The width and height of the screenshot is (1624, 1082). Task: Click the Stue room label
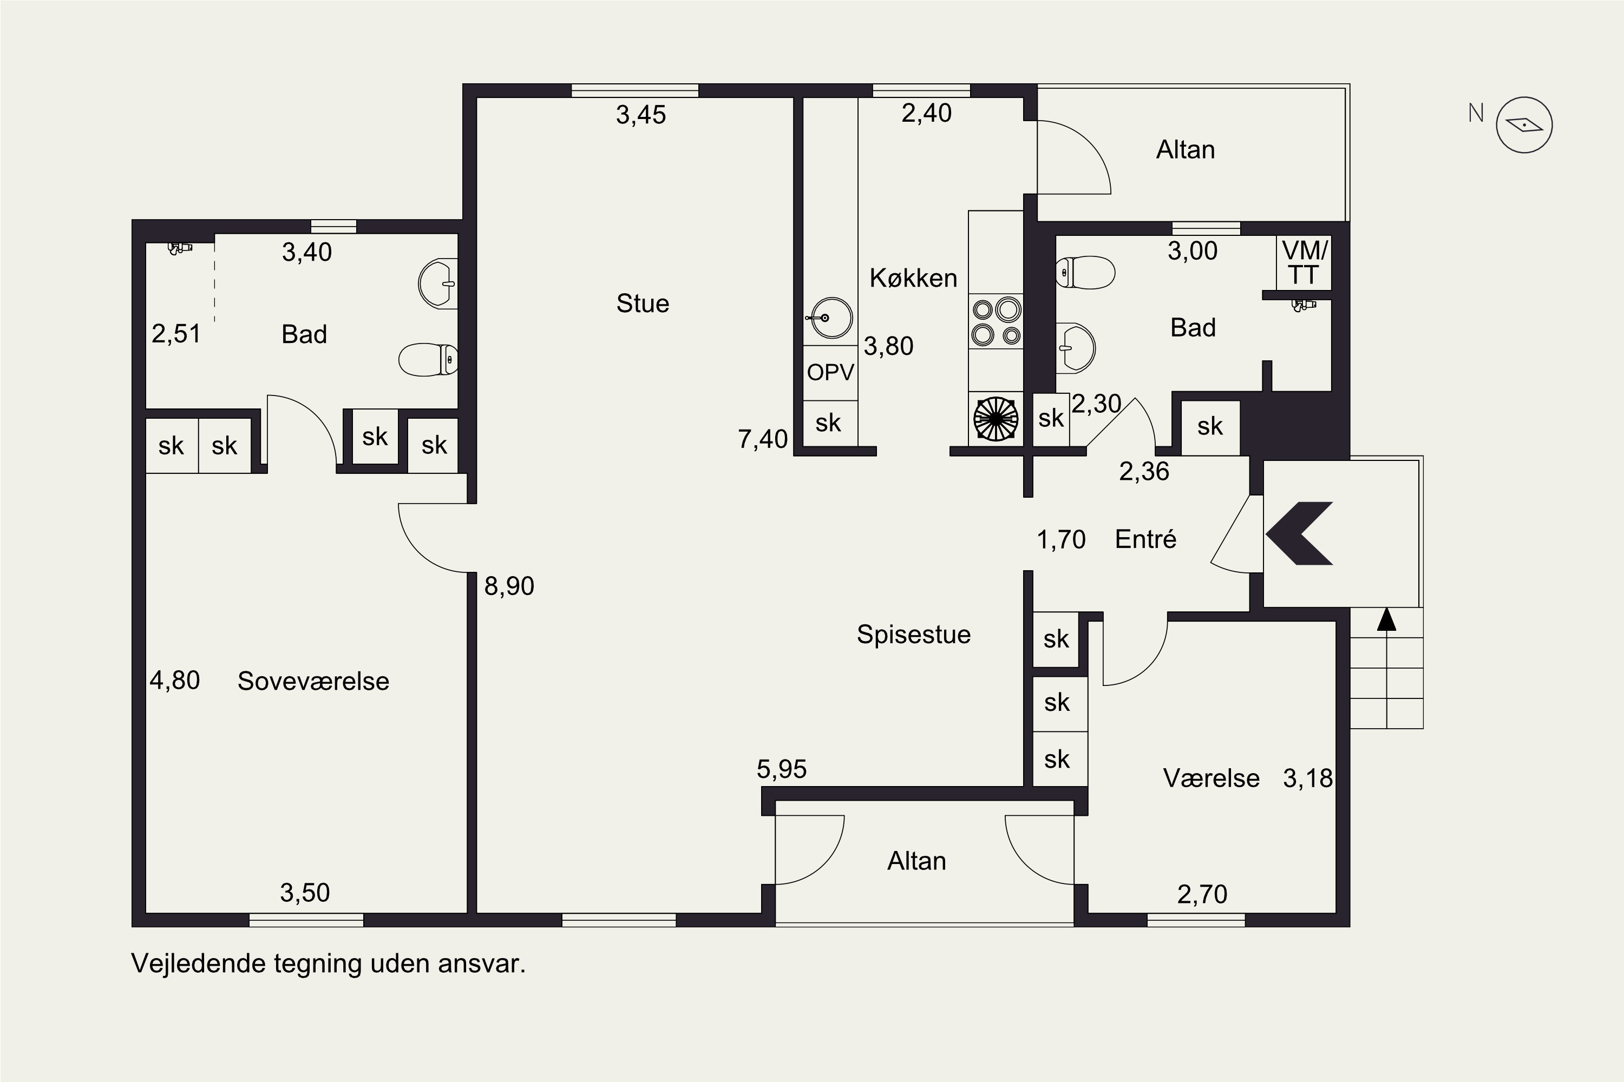(x=642, y=304)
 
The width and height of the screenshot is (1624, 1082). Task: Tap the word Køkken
(x=913, y=278)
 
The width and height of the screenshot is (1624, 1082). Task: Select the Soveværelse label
(x=313, y=681)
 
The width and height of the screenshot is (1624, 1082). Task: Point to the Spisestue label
(x=914, y=635)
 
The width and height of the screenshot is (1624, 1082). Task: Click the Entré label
(x=1145, y=539)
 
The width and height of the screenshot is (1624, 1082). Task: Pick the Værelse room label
(x=1211, y=778)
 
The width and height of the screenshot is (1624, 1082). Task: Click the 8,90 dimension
(x=509, y=586)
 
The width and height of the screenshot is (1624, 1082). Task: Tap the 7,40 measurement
(x=762, y=439)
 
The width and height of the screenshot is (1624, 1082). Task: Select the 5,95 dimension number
(x=782, y=769)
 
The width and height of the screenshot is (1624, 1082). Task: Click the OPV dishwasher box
(x=830, y=373)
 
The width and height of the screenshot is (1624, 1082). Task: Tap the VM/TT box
(x=1304, y=263)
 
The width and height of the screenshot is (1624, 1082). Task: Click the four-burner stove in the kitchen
(x=996, y=321)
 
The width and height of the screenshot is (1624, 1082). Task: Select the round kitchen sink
(x=830, y=318)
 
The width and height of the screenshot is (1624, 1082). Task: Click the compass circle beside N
(x=1524, y=125)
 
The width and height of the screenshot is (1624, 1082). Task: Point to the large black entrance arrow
(x=1299, y=533)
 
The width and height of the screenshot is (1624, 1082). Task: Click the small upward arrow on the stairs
(x=1386, y=619)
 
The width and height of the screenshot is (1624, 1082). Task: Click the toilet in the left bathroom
(x=428, y=360)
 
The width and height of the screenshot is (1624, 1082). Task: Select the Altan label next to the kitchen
(x=1186, y=150)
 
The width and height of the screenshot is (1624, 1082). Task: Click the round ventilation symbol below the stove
(x=996, y=418)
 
